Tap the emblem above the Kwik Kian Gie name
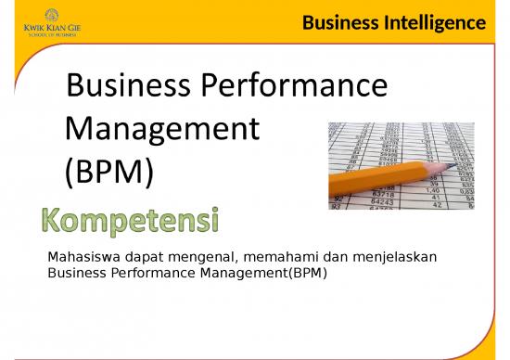point(43,16)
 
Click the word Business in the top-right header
point(338,22)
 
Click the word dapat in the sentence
point(149,257)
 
